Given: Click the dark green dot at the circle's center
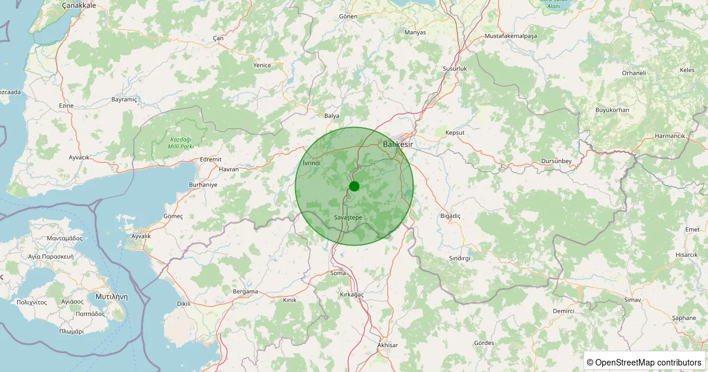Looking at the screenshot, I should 354,187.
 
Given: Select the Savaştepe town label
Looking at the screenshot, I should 348,218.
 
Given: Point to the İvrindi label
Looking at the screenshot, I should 311,162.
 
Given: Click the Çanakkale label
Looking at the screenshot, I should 79,5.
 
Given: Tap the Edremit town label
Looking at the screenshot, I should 211,159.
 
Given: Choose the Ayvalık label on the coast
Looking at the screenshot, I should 141,236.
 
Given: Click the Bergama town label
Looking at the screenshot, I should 245,292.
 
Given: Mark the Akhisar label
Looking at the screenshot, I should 388,345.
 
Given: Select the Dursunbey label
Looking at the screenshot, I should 556,162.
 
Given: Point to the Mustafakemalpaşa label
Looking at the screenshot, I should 511,36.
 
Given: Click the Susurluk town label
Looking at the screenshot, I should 455,68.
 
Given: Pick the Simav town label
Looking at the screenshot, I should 632,301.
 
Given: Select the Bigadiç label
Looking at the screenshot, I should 450,216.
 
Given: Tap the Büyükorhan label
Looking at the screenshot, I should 612,110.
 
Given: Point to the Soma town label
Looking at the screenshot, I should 338,273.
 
